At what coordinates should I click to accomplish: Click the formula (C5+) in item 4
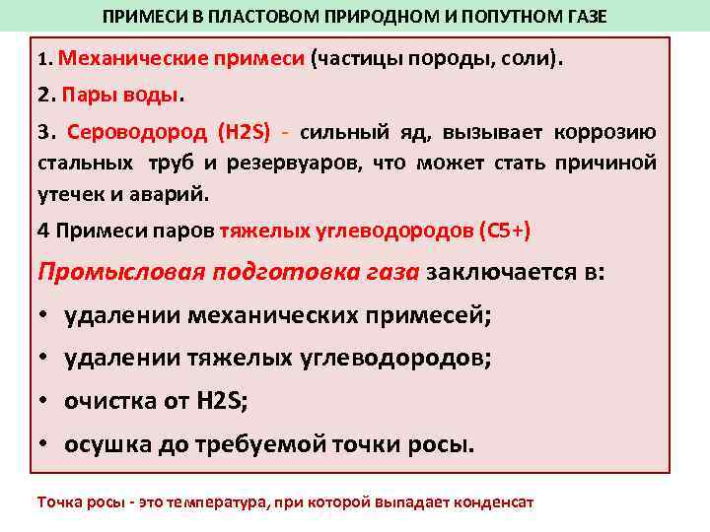[504, 232]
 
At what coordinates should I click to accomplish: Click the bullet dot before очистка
[44, 402]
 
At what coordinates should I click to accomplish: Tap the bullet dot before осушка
[44, 445]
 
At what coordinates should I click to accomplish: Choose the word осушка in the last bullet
[104, 445]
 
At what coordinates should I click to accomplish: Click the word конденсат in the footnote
[492, 501]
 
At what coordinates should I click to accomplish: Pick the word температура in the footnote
[216, 501]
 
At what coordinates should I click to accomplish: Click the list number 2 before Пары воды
[43, 97]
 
